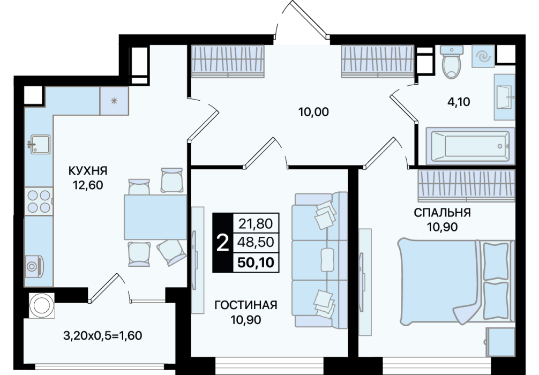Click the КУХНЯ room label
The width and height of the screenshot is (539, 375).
(88, 170)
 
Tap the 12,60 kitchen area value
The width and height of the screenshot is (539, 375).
(88, 185)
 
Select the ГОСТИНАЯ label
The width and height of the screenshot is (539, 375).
(246, 305)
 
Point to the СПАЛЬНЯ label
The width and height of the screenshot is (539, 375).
(442, 213)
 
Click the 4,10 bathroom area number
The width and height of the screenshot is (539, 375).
(459, 102)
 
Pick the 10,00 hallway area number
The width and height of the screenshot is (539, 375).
(313, 112)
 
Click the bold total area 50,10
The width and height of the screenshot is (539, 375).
(256, 262)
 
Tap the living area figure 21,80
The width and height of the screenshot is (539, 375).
(256, 224)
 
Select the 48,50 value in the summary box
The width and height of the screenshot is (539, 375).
(256, 242)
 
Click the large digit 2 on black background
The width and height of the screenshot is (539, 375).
(223, 243)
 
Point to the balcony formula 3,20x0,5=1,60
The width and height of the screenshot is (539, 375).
(103, 335)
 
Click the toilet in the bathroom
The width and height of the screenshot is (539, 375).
(452, 62)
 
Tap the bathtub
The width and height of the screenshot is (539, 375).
(470, 146)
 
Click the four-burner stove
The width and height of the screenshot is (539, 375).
(39, 201)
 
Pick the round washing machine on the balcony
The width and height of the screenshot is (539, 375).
(42, 305)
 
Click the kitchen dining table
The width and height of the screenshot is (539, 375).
(155, 217)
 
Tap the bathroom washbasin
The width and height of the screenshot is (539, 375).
(505, 97)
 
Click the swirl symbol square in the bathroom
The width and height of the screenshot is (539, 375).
(483, 56)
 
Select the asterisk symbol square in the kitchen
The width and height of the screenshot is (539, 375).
(114, 101)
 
